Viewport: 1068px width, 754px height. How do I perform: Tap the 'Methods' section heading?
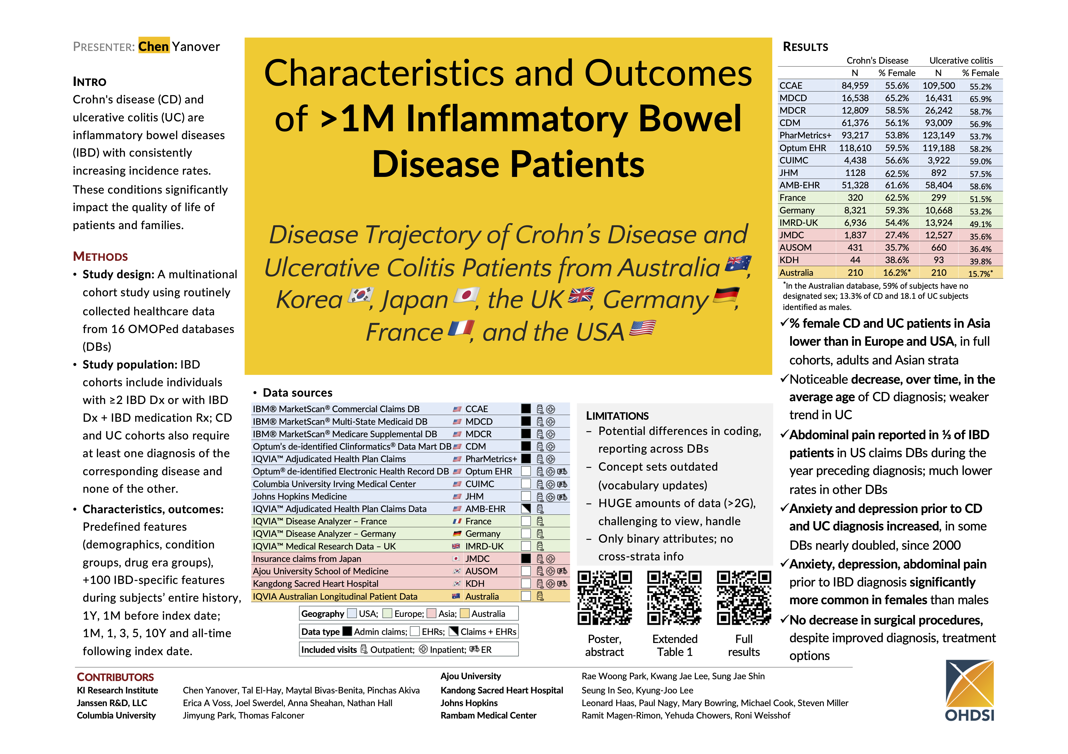[100, 256]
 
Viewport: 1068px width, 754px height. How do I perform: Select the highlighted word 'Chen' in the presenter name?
[153, 46]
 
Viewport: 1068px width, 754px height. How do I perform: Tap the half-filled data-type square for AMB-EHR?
[526, 509]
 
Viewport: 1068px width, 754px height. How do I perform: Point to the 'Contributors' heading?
[115, 677]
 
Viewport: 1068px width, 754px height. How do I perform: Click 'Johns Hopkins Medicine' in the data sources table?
[300, 496]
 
